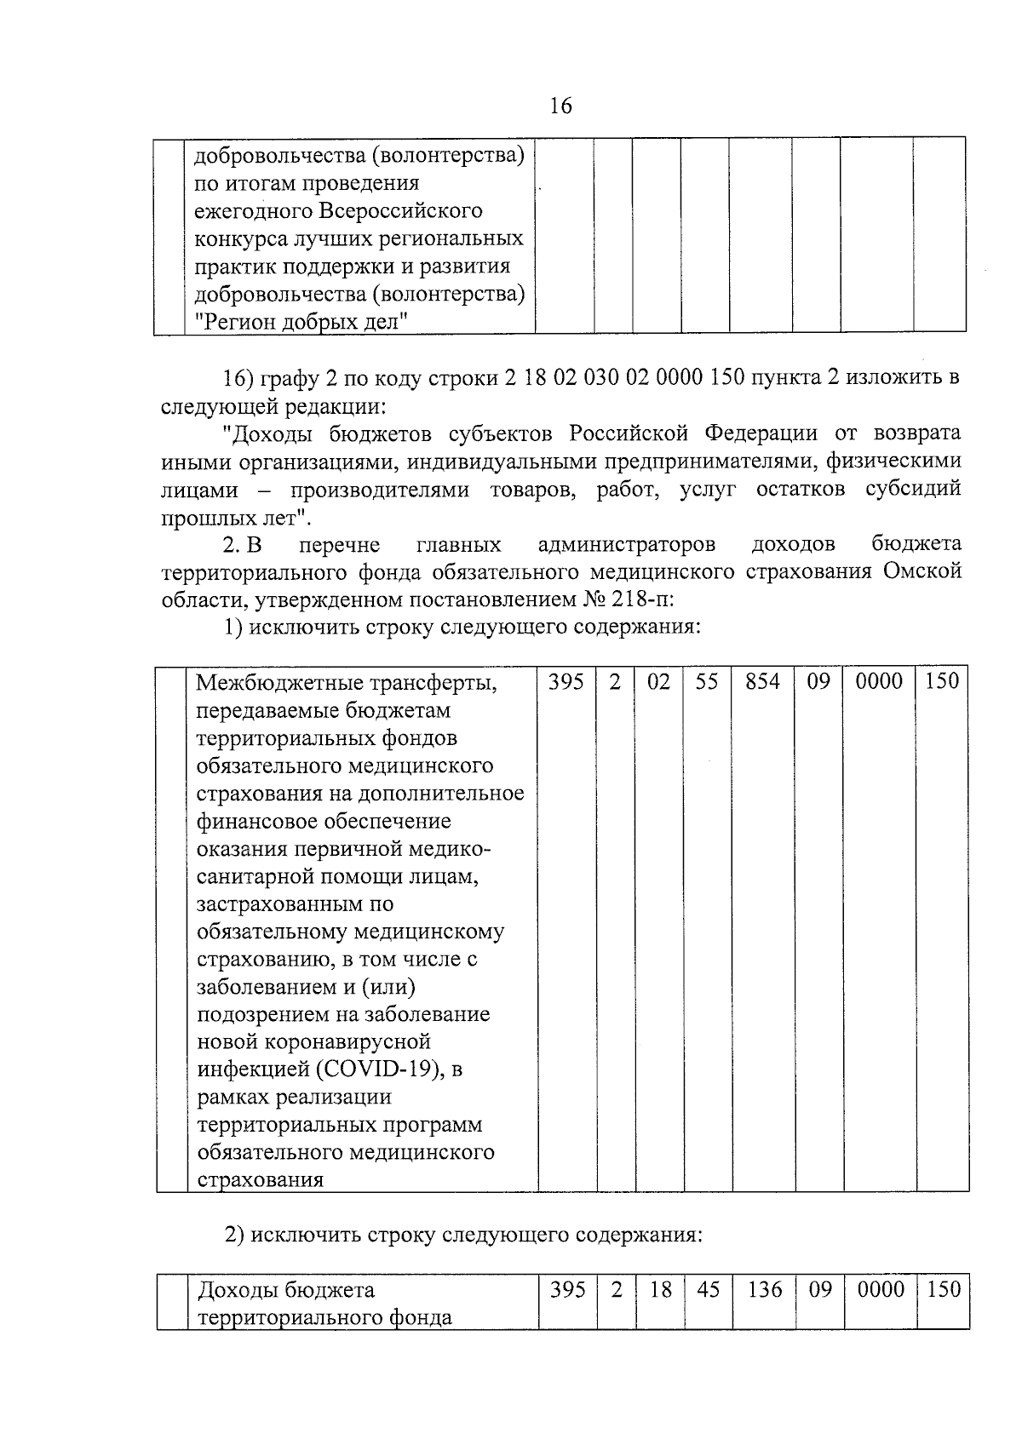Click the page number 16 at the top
point(560,106)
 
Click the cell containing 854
point(761,681)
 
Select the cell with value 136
point(764,1290)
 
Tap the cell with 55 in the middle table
point(706,681)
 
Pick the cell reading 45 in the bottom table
point(708,1290)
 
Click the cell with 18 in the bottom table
point(660,1290)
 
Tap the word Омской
point(922,571)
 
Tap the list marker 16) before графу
point(239,378)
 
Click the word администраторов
point(627,544)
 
